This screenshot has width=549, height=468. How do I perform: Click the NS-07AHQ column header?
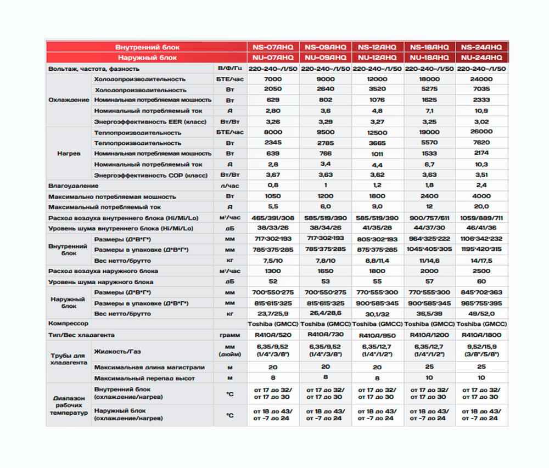(x=273, y=47)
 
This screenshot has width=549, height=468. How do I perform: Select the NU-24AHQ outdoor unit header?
(x=481, y=57)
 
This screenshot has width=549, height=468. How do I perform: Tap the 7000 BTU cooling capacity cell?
(x=273, y=79)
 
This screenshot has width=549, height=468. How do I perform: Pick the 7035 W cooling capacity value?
(x=481, y=89)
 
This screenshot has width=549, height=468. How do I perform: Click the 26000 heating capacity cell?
(x=481, y=132)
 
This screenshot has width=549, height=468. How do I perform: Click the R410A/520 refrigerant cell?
(x=273, y=335)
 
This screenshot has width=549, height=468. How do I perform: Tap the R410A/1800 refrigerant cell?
(x=481, y=335)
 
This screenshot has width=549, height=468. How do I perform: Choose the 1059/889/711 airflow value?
(x=481, y=218)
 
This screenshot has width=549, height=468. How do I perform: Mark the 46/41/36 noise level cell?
(x=481, y=228)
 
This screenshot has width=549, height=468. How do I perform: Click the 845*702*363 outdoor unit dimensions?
(x=481, y=292)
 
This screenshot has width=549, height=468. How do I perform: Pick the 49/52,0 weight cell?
(x=481, y=313)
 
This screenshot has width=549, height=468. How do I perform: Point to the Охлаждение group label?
(x=69, y=100)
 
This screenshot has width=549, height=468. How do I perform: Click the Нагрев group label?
(x=69, y=154)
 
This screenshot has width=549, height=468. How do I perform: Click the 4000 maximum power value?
(x=481, y=196)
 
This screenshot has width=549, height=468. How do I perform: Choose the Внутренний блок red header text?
(x=147, y=47)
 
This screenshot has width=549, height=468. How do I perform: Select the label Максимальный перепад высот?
(x=144, y=378)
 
